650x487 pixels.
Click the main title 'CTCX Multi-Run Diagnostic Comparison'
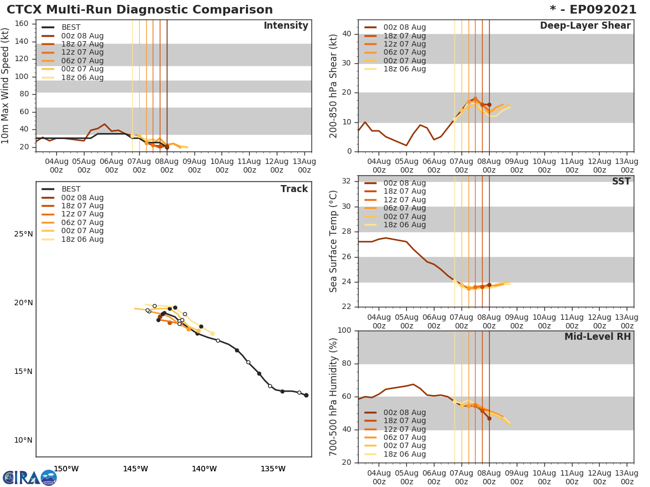[140, 10]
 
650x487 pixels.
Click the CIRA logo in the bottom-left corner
[29, 477]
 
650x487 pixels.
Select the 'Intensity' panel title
[285, 26]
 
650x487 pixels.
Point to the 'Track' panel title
[294, 189]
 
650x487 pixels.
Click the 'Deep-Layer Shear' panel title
[585, 26]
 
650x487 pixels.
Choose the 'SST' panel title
[621, 182]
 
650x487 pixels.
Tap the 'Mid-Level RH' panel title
[597, 337]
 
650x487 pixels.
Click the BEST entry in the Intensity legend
[71, 27]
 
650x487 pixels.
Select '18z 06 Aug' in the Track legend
[82, 239]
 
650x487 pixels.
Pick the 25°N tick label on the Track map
[23, 234]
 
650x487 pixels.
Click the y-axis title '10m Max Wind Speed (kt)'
[6, 85]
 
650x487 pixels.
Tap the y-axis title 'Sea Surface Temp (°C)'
[334, 241]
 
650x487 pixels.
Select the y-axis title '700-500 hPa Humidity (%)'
[334, 397]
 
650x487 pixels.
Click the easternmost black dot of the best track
[306, 395]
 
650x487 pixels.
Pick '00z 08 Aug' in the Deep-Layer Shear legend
[404, 28]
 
